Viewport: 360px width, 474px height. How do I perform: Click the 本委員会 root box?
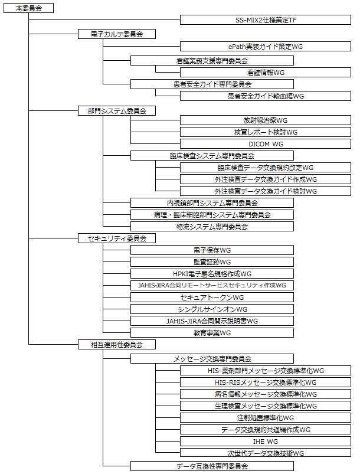pyautogui.click(x=28, y=8)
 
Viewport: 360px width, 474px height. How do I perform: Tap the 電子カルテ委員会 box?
pyautogui.click(x=117, y=34)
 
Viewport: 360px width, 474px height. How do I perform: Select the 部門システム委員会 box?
pyautogui.click(x=117, y=110)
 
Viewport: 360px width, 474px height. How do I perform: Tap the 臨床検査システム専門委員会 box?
pyautogui.click(x=212, y=156)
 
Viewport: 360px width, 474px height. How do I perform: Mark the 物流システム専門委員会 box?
pyautogui.click(x=212, y=226)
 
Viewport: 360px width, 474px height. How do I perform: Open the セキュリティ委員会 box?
pyautogui.click(x=117, y=238)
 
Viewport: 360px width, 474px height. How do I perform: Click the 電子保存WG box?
pyautogui.click(x=212, y=250)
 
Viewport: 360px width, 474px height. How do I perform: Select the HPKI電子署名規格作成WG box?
pyautogui.click(x=212, y=273)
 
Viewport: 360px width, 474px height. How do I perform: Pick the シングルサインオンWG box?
pyautogui.click(x=212, y=309)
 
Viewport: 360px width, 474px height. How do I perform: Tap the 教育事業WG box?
pyautogui.click(x=212, y=333)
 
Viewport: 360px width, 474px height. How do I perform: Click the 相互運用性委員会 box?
pyautogui.click(x=117, y=344)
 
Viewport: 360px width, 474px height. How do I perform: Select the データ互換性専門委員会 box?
pyautogui.click(x=212, y=466)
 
